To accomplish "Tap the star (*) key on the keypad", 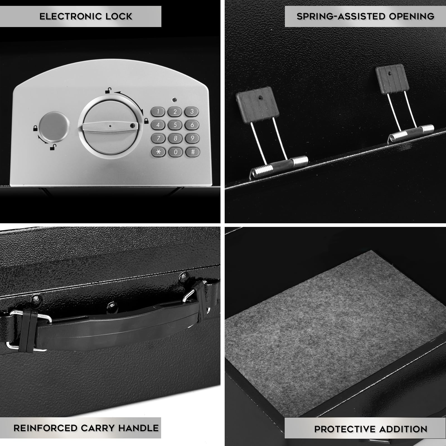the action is coord(158,152).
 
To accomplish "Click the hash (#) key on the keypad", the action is coord(193,152).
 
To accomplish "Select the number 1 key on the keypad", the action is coord(158,112).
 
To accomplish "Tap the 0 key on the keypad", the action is coord(175,152).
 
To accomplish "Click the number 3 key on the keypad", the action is coord(192,111).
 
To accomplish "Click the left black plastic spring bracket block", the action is coord(258,105).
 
